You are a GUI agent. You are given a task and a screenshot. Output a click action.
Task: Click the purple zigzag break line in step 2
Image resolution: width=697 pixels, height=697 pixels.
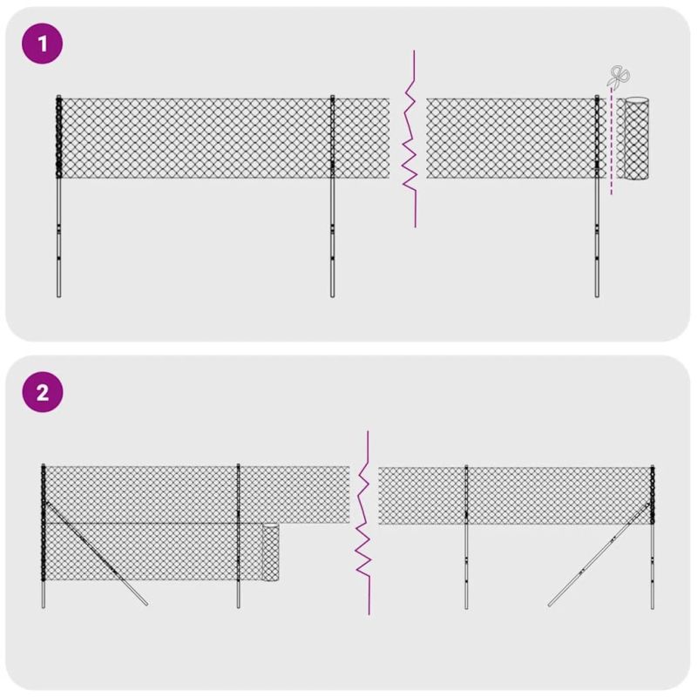365,523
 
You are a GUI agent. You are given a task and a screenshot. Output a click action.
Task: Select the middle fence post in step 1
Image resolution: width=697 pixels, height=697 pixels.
332,235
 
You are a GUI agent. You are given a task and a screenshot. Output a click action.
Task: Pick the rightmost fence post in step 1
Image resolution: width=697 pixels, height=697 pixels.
598,235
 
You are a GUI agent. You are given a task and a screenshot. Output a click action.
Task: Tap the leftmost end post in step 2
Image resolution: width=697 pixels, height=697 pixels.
43,566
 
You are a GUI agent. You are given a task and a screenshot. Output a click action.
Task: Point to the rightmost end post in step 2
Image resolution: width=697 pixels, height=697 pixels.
652,566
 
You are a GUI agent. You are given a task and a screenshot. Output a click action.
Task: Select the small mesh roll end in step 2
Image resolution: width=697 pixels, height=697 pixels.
271,553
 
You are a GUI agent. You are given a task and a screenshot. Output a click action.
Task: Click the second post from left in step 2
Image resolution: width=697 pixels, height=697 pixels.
238,566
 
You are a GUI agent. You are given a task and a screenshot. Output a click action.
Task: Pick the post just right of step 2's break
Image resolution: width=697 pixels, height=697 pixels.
466,566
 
